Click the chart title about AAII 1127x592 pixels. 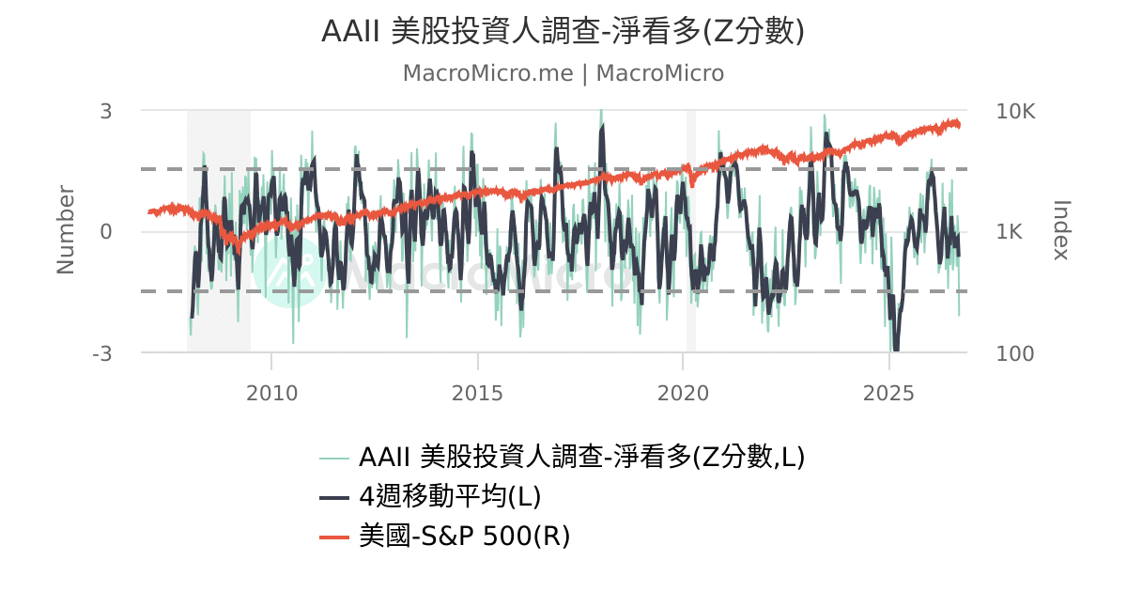[563, 31]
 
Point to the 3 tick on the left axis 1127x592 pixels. [105, 111]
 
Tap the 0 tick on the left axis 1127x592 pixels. [105, 232]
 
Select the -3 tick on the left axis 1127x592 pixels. [102, 354]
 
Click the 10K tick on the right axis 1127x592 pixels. [1015, 111]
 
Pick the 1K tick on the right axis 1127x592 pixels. [1009, 232]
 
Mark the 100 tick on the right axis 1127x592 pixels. [1015, 354]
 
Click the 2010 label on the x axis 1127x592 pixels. [271, 393]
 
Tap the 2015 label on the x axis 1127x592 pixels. [477, 393]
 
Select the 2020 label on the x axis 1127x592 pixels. [683, 393]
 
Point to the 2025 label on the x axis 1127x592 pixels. [888, 393]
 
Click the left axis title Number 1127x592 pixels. [66, 230]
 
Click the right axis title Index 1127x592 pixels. [1061, 230]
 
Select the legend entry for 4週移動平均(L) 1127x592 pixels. [450, 496]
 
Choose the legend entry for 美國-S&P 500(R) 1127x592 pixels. [464, 536]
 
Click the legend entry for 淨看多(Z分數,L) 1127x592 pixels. [581, 457]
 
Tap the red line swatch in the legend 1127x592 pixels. [334, 537]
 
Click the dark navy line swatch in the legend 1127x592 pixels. [334, 498]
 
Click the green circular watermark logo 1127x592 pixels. [289, 273]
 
